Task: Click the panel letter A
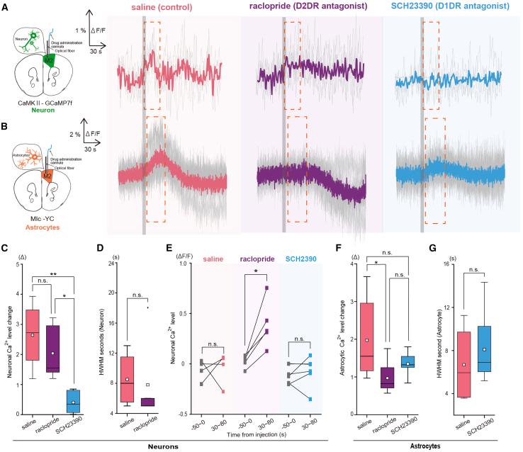pos(5,6)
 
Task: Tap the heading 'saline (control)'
pos(165,7)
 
